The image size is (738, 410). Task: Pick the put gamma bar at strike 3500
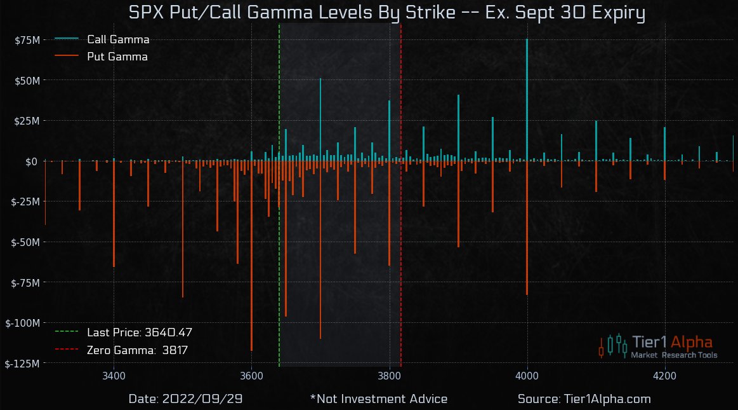tap(183, 229)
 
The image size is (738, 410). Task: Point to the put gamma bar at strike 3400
tap(114, 214)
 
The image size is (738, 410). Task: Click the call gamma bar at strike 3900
tap(458, 128)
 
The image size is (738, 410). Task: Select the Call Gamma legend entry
tap(117, 39)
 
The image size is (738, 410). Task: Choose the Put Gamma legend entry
tap(117, 57)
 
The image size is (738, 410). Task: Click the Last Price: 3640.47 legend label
tap(139, 332)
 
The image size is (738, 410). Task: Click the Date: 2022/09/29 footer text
tap(185, 399)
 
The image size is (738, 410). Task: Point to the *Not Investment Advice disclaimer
tap(379, 399)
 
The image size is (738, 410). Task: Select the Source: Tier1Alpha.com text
tap(584, 399)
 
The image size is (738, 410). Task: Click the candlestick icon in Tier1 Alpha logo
tap(613, 345)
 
